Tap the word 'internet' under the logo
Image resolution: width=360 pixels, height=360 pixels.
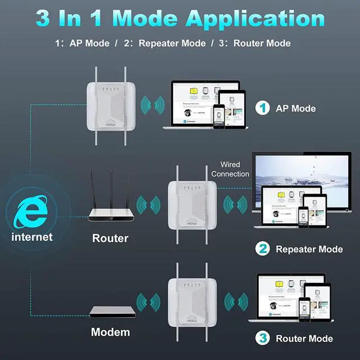click(x=32, y=237)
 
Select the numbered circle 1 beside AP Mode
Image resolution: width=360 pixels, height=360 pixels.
click(x=263, y=108)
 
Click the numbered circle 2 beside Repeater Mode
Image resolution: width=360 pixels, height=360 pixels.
click(x=263, y=249)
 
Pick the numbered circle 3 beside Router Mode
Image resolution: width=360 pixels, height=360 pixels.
click(x=263, y=338)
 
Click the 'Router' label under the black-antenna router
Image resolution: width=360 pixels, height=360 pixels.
click(x=110, y=238)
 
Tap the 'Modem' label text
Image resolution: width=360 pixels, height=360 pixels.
click(x=110, y=332)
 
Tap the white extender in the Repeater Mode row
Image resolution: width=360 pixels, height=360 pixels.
click(x=191, y=205)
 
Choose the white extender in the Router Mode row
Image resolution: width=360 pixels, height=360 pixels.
click(x=191, y=304)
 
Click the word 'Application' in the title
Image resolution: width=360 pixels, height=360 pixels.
click(x=255, y=18)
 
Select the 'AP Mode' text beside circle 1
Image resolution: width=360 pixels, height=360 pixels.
click(x=295, y=108)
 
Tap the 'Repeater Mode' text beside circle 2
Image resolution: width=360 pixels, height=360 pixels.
click(x=309, y=249)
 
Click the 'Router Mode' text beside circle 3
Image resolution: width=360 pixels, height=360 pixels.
click(x=304, y=339)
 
